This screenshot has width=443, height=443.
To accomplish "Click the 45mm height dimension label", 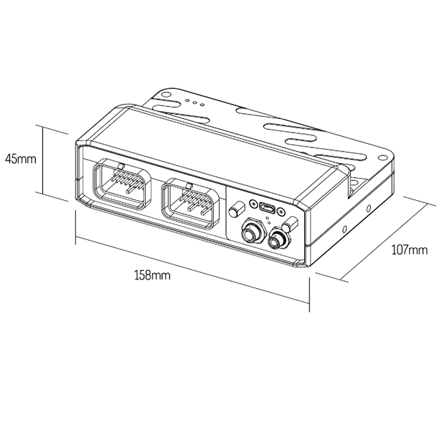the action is click(21, 159).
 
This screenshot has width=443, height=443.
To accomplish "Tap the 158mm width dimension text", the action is click(152, 276).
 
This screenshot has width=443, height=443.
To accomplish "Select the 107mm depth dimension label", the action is click(410, 250).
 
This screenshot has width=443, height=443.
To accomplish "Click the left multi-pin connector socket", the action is click(122, 184).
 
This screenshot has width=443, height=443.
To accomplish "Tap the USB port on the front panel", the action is click(267, 207).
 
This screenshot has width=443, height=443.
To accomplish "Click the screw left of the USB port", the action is click(253, 203).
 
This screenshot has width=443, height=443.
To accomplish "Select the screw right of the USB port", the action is click(281, 211).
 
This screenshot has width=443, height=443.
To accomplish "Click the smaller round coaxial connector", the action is click(278, 240).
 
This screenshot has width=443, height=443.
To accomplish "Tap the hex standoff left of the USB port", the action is click(237, 209).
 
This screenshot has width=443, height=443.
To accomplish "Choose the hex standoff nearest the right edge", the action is click(290, 224).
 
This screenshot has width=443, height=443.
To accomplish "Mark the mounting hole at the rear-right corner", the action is click(382, 158).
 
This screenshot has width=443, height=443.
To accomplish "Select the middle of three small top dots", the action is click(195, 103).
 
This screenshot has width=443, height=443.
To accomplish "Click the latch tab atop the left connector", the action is click(121, 166).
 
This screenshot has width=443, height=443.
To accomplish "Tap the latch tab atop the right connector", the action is click(190, 186).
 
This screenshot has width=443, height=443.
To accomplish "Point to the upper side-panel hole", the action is click(368, 209).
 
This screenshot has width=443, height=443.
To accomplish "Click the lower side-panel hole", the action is click(344, 229).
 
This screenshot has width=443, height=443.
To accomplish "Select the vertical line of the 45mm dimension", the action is click(43, 161).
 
